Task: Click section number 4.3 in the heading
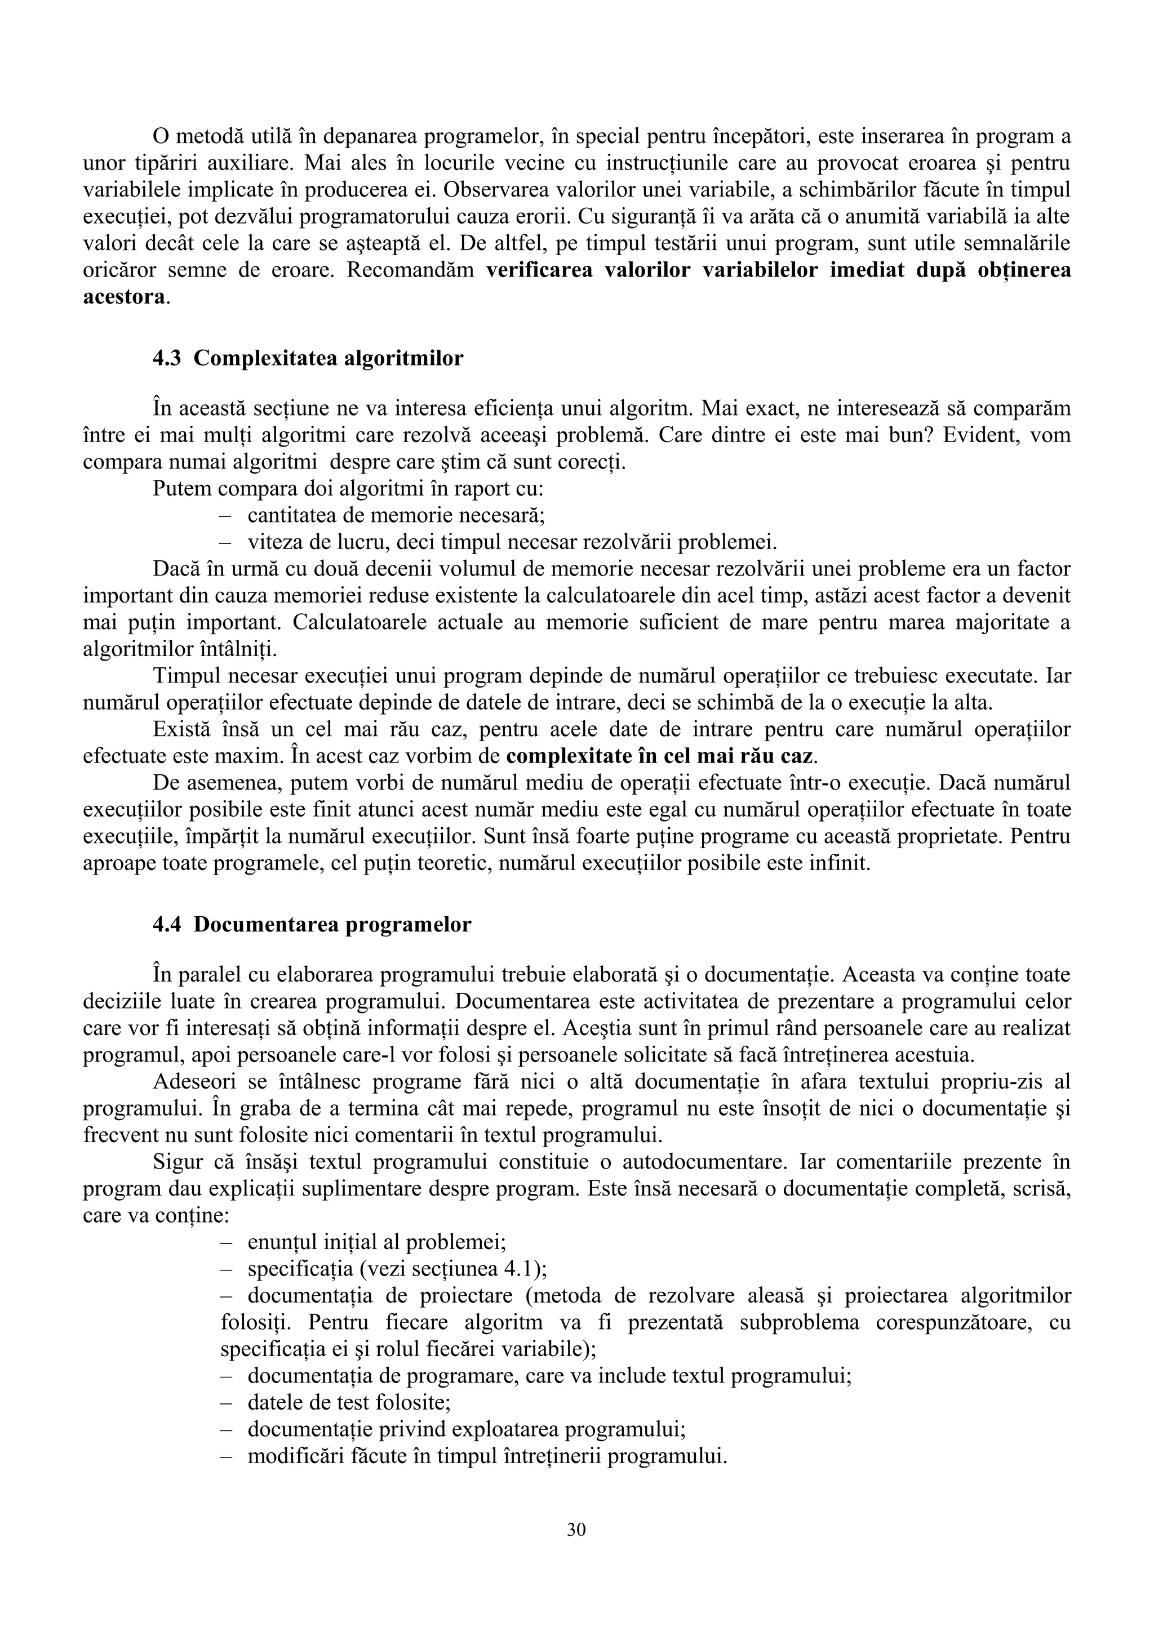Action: [168, 358]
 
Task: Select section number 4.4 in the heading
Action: [168, 925]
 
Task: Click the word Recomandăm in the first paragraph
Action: [411, 271]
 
